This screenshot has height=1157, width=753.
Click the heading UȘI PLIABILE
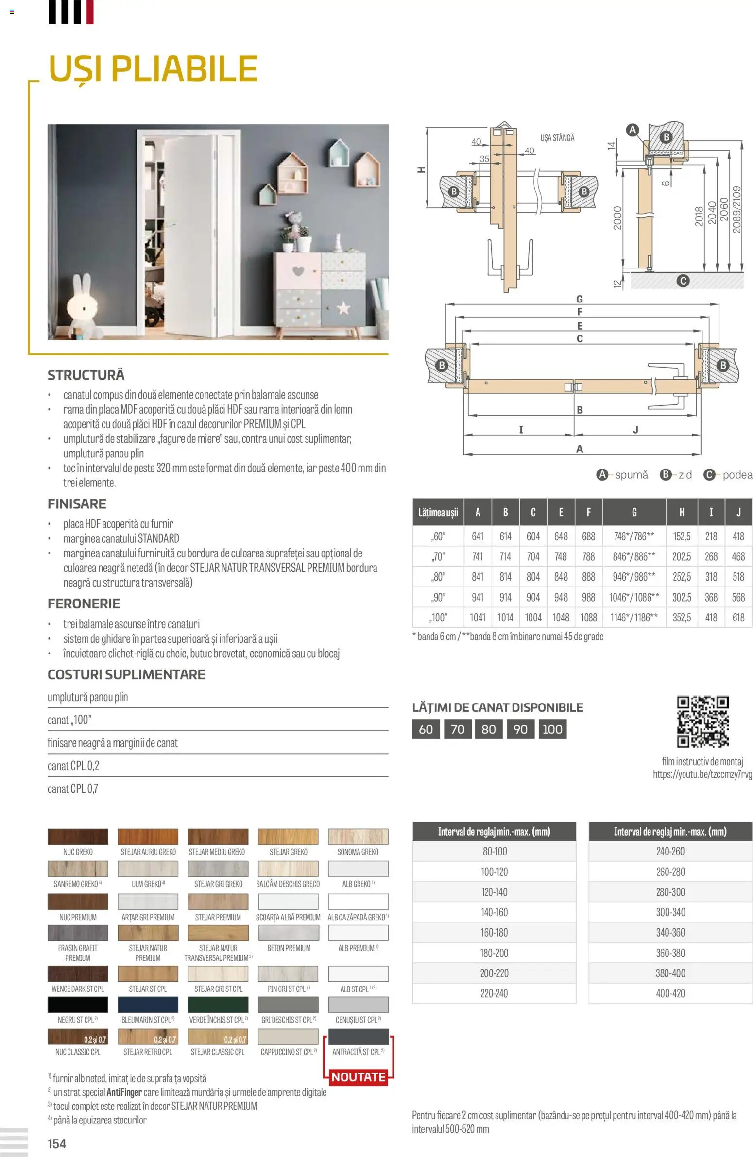pos(153,68)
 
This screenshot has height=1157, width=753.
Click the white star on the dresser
pos(343,308)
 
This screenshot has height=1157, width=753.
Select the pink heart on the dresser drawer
pos(298,270)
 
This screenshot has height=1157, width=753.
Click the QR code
pos(702,721)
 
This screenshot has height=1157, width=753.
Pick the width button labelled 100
pos(552,729)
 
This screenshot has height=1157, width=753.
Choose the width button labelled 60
pos(426,729)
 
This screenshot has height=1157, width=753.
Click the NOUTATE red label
pos(359,1077)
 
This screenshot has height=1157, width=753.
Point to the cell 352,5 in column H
pos(682,618)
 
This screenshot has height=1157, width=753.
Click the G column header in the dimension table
pos(634,512)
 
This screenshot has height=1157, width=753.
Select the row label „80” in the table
pos(438,577)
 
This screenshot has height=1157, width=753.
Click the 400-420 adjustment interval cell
pos(670,993)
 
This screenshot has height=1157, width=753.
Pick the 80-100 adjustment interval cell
pos(494,851)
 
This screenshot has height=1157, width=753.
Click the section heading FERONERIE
pos(84,604)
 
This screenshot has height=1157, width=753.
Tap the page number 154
pos(57,1143)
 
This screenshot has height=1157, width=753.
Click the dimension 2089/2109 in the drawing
pos(737,210)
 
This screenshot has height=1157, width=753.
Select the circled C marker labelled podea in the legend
pos(710,475)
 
